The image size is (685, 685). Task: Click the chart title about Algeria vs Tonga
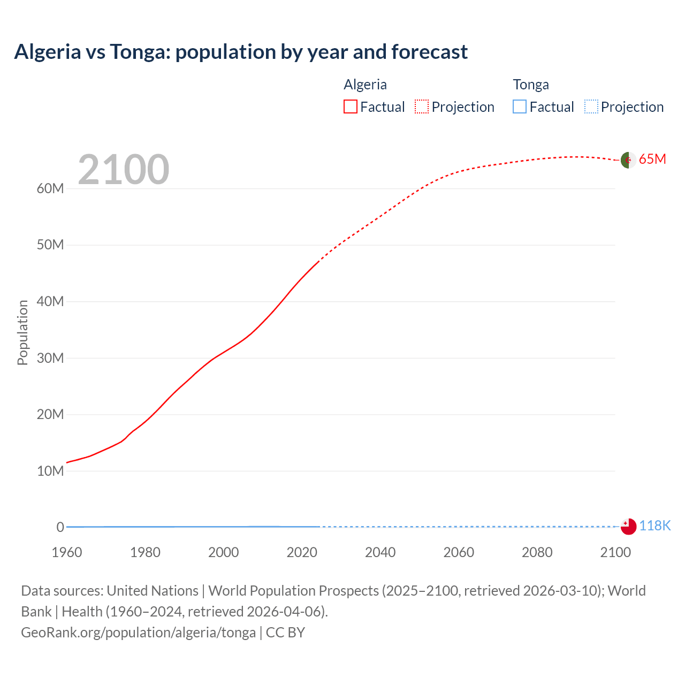[241, 52]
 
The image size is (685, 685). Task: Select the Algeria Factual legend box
[351, 106]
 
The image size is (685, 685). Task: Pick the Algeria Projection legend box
[422, 106]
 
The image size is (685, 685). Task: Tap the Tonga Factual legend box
[520, 106]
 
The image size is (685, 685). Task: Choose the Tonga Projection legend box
[591, 106]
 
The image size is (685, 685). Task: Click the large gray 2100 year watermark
[124, 170]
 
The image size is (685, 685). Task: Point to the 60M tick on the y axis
[50, 188]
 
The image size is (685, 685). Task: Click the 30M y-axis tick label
[50, 358]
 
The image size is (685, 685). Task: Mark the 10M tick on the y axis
[50, 471]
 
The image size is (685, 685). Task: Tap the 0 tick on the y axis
[60, 527]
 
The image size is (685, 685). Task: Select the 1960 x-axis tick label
[67, 552]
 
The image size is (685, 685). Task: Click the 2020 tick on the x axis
[302, 552]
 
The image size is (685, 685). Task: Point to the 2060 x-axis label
[459, 552]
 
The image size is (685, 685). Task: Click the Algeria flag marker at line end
[628, 159]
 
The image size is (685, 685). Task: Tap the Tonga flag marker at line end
[628, 526]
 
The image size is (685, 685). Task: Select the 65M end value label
[652, 159]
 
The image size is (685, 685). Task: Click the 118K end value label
[654, 526]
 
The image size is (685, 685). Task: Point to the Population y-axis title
[22, 332]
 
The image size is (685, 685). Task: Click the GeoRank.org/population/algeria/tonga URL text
[139, 633]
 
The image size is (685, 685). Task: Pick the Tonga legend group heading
[531, 85]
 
